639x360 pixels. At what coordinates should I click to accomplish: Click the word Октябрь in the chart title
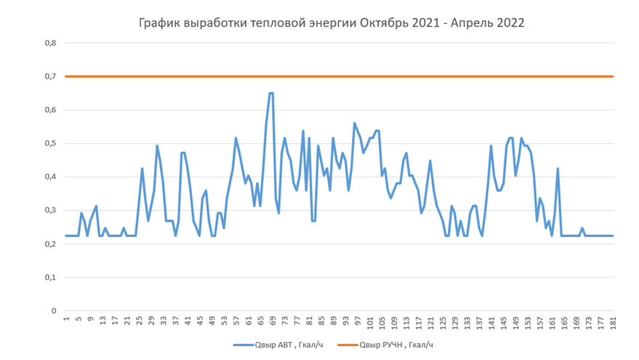coord(385,23)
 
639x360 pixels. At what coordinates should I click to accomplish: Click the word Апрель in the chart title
coord(473,23)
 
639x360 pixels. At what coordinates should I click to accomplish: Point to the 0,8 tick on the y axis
coord(51,43)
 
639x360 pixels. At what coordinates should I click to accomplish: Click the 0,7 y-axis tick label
coord(51,76)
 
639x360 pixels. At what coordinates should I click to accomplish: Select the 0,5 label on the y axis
coord(51,143)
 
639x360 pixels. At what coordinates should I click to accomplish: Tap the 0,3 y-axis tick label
coord(51,210)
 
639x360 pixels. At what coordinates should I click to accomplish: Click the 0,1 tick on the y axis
coord(51,277)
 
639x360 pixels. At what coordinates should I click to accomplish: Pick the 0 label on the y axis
coord(54,311)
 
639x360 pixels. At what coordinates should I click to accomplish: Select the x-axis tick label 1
coord(66,320)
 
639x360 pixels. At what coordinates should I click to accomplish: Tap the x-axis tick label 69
coord(273,321)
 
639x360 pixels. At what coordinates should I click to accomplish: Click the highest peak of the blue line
coord(271,93)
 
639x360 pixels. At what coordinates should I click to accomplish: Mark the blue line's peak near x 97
coord(355,124)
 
